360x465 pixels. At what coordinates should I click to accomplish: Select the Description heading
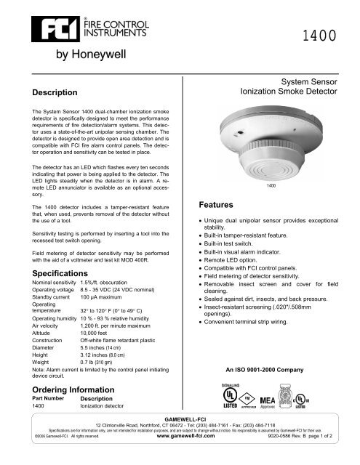coord(52,93)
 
